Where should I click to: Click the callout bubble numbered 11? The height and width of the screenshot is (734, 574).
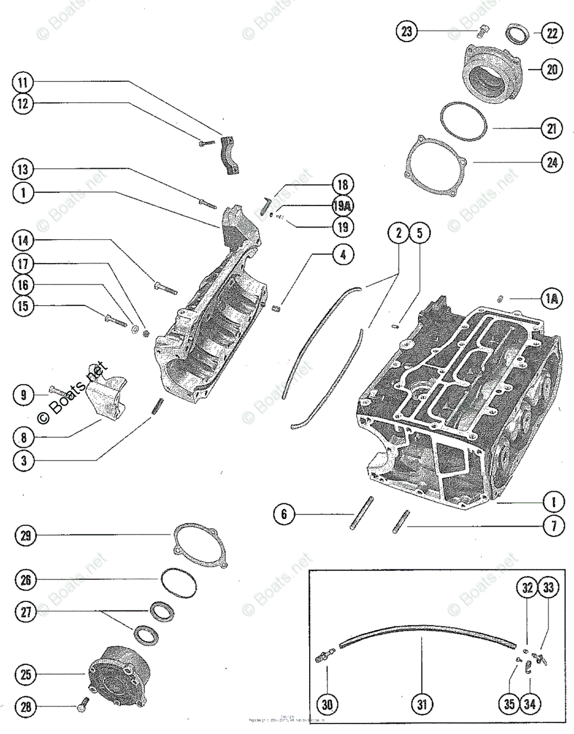(23, 82)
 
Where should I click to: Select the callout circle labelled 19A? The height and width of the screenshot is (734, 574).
(343, 206)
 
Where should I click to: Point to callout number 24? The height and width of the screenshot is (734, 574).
(552, 163)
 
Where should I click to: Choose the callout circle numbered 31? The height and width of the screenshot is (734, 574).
(422, 705)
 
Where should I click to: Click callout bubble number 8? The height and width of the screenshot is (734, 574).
(23, 438)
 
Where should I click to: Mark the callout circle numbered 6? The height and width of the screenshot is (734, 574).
(284, 514)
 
